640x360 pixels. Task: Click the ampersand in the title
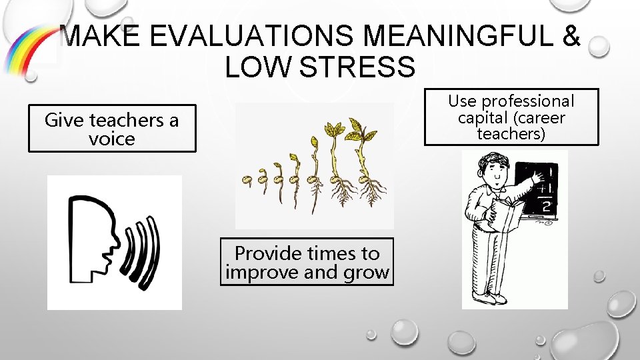[571, 37]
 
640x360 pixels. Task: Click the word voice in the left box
[112, 139]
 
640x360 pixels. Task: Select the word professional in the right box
[528, 101]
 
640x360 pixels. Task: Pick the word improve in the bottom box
[262, 272]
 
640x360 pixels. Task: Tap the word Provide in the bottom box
[267, 253]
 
